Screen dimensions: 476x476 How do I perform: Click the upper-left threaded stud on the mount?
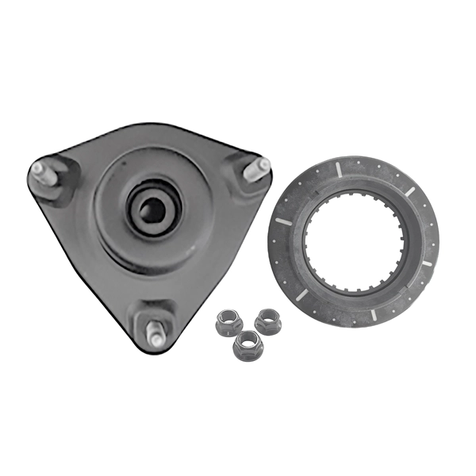click(44, 172)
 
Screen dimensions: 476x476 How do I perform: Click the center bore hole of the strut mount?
click(150, 209)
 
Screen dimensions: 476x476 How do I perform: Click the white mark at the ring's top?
click(339, 168)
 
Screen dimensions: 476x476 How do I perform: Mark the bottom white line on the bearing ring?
click(372, 315)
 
